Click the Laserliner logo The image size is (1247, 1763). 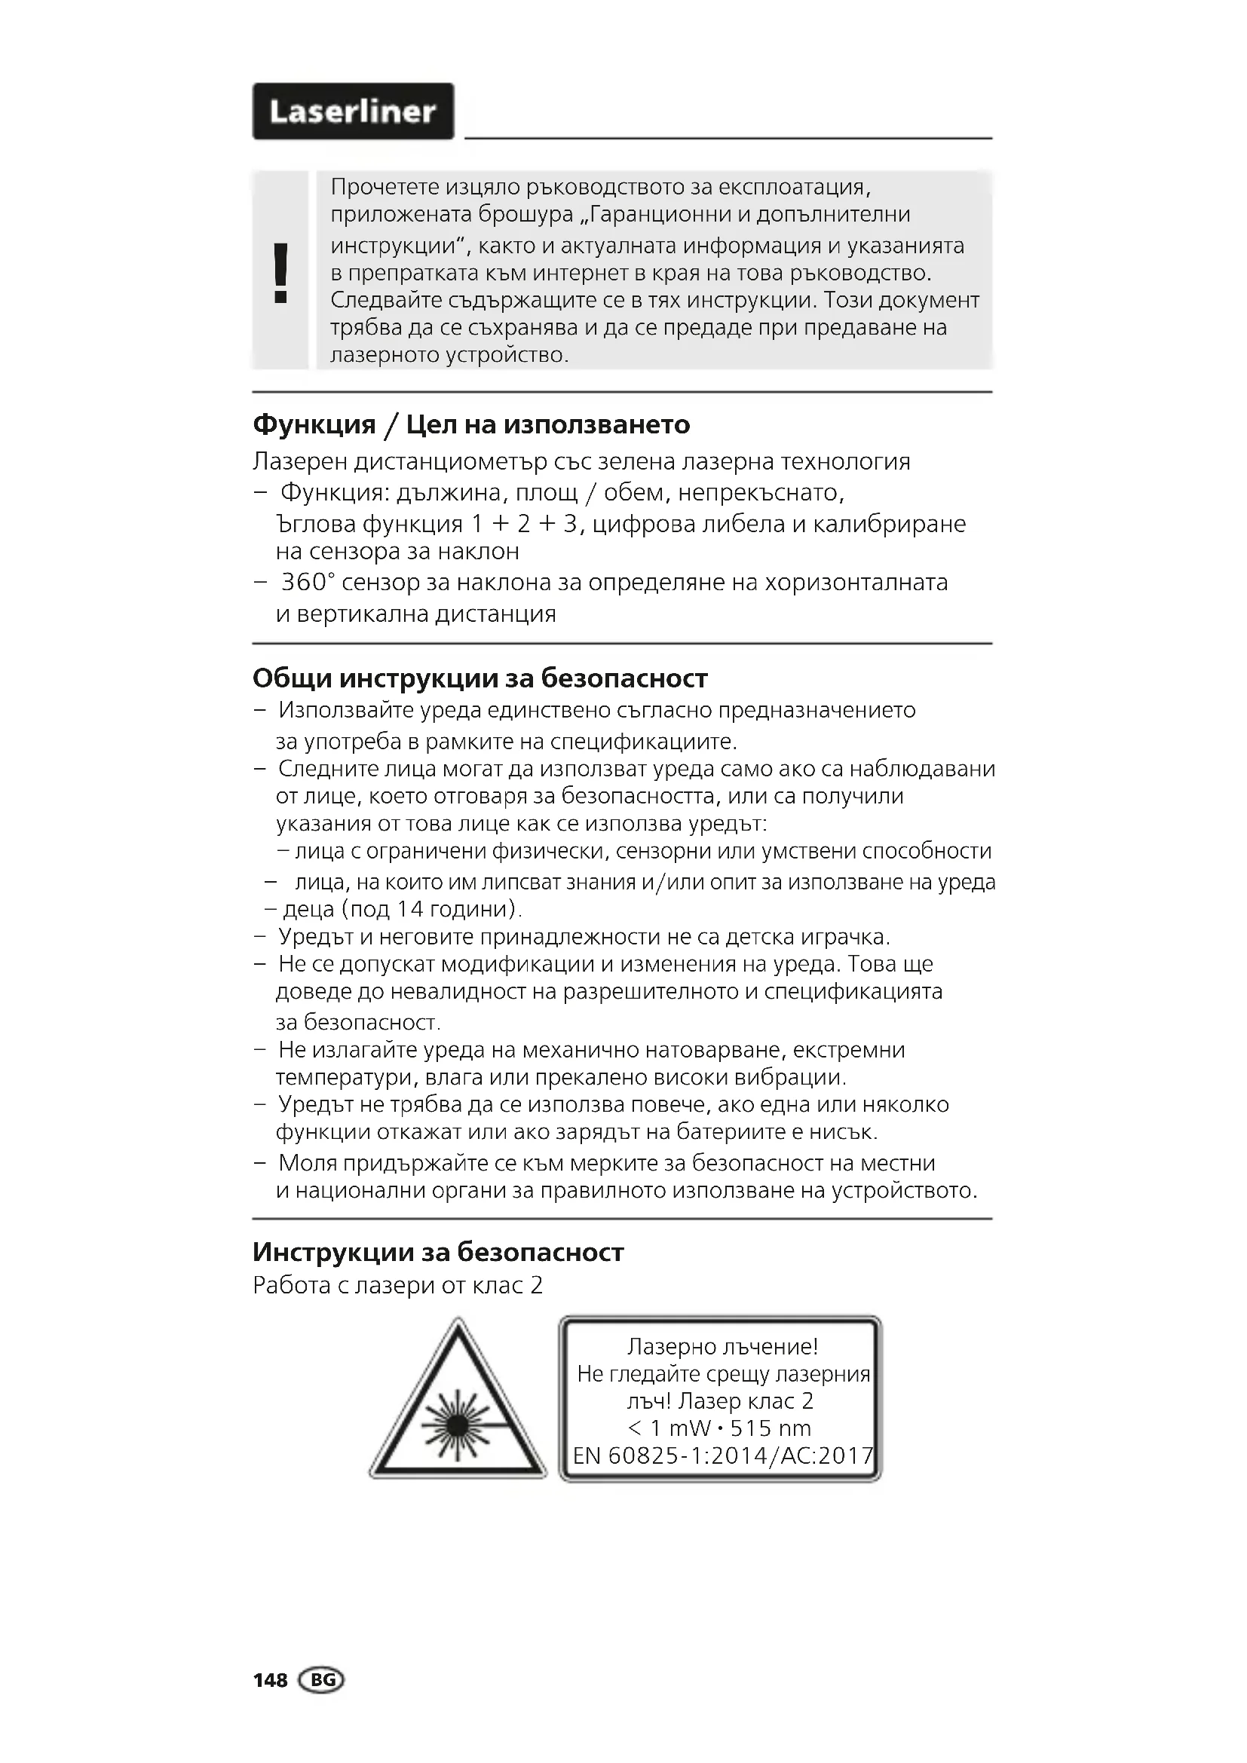tap(353, 112)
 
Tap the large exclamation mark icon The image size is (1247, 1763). tap(281, 274)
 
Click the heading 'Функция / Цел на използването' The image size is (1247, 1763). tap(470, 424)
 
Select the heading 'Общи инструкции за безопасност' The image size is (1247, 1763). tap(480, 679)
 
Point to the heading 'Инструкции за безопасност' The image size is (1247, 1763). tap(438, 1253)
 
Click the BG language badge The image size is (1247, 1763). tap(323, 1680)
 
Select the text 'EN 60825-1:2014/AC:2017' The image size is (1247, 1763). tap(722, 1456)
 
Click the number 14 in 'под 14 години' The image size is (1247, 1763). tap(410, 909)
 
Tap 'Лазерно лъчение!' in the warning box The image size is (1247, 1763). tap(722, 1346)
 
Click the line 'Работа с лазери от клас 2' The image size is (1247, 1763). tap(397, 1285)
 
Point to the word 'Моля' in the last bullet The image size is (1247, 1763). tap(306, 1163)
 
